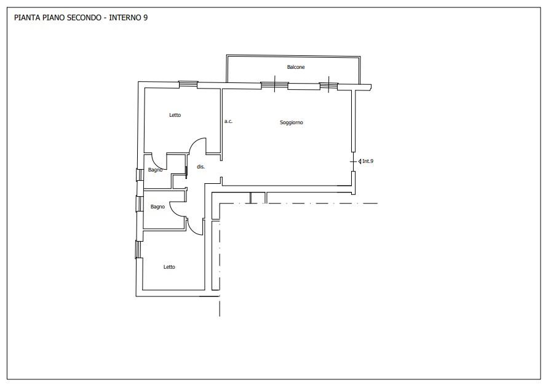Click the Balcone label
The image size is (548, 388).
point(296,67)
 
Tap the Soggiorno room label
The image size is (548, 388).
point(292,122)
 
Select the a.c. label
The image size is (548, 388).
point(228,121)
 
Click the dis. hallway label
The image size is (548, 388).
point(201,167)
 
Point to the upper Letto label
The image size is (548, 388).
point(175,115)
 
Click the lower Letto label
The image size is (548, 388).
point(169,267)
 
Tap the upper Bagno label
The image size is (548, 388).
point(155,170)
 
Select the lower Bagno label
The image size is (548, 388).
point(157,207)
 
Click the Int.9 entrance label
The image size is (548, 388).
point(368,161)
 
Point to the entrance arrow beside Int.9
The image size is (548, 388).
point(360,162)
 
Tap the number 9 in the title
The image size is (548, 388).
point(145,18)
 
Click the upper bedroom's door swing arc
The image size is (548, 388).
point(196,141)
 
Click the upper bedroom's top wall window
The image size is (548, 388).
point(188,84)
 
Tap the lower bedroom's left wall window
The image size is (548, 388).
point(138,249)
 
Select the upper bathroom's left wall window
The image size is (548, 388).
point(139,175)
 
